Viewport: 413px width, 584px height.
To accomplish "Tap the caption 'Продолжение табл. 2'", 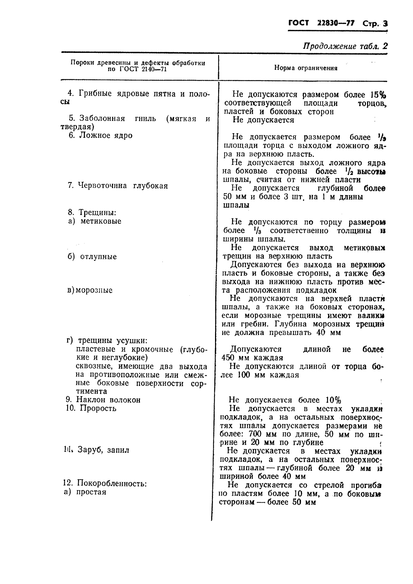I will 345,46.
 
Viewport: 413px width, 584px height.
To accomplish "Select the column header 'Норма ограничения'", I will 305,68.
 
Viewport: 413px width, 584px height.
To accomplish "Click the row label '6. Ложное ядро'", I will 100,136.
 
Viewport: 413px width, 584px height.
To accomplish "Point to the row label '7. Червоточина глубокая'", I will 118,186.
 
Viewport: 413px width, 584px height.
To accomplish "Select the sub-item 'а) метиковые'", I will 94,221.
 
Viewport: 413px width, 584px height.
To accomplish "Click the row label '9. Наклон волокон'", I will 103,400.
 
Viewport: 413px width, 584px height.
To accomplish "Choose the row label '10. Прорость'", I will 91,408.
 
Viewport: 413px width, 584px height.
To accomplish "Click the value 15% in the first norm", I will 378,95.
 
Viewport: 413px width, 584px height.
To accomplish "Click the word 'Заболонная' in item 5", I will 102,119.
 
